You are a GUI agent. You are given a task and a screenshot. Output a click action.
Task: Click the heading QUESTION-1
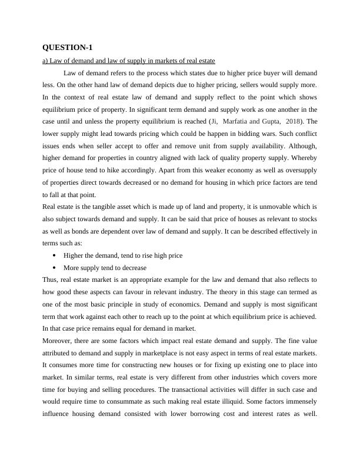click(68, 47)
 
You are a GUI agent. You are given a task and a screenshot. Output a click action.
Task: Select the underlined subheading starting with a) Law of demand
click(128, 61)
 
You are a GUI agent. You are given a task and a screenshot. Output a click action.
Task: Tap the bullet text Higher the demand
click(123, 255)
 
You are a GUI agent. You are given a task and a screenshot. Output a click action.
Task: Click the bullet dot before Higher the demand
click(54, 255)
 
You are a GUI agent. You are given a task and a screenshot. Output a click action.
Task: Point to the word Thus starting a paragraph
click(51, 279)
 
